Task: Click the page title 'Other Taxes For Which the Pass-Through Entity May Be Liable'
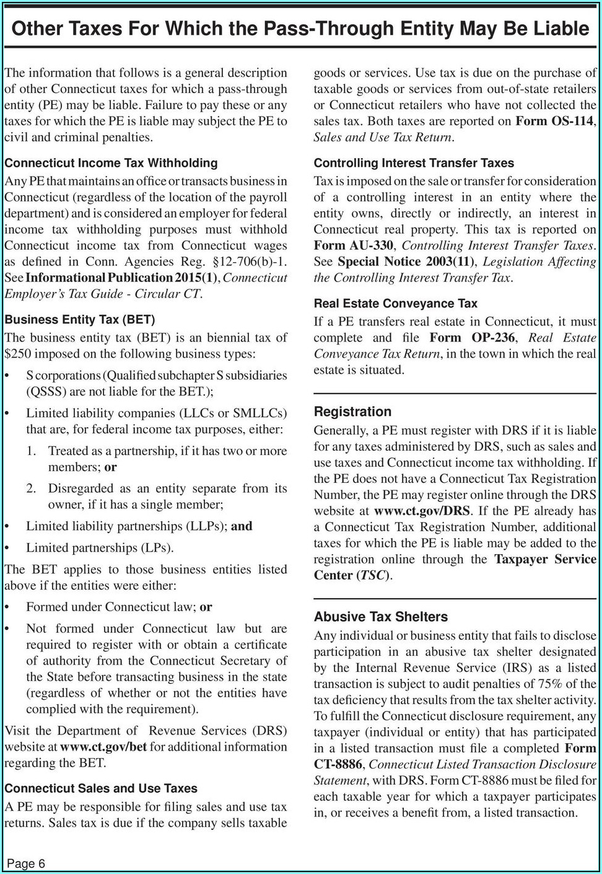tap(300, 29)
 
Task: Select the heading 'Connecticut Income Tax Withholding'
tap(111, 163)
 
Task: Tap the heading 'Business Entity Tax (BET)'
tap(79, 320)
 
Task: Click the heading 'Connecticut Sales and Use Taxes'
tap(101, 788)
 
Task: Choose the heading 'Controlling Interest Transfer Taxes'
tap(414, 163)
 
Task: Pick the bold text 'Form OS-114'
tap(554, 121)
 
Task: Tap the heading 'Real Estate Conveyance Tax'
tap(395, 304)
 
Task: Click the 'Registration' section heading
tap(352, 412)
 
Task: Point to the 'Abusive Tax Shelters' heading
tap(380, 617)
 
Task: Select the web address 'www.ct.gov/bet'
tap(103, 747)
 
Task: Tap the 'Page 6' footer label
tap(26, 863)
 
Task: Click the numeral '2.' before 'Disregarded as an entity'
tap(31, 488)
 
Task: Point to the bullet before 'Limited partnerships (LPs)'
tap(7, 549)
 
